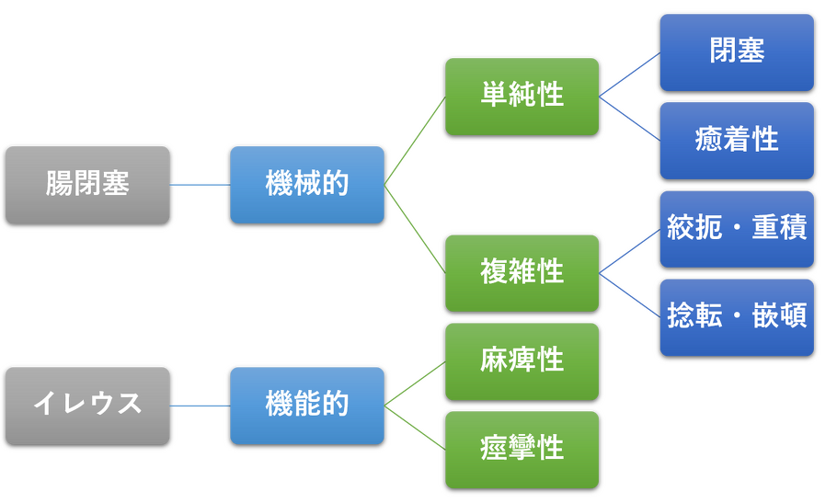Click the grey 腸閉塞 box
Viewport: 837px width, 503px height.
[87, 184]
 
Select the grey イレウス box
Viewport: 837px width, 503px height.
[87, 405]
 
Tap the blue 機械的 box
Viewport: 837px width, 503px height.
[307, 184]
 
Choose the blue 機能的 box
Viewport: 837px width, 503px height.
[307, 405]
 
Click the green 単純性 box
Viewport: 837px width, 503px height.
[522, 96]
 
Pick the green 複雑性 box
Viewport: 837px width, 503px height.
[522, 272]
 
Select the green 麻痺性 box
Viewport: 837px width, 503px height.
[522, 360]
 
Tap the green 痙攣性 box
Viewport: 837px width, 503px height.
[522, 449]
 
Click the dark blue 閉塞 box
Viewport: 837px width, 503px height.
[737, 51]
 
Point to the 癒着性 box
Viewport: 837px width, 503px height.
[737, 140]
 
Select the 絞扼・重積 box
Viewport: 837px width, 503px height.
[737, 228]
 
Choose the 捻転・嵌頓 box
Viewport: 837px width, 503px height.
[737, 316]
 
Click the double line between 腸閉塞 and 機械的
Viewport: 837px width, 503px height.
[200, 185]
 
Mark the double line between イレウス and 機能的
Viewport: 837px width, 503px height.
[200, 406]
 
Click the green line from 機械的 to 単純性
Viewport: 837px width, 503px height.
[415, 140]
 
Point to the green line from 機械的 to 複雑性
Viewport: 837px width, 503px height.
[415, 229]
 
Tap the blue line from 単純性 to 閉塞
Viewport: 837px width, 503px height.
[629, 74]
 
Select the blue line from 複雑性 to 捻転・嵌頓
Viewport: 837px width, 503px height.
[630, 294]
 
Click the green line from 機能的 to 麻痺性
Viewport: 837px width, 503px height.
[415, 383]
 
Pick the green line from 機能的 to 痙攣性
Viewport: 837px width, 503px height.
[415, 428]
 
